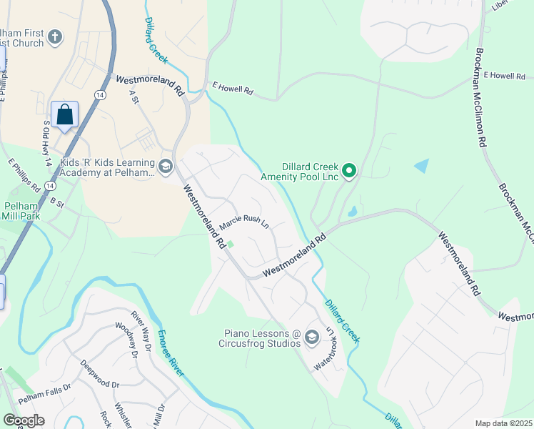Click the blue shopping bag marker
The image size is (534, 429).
click(64, 114)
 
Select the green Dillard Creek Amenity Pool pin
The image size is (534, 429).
click(349, 170)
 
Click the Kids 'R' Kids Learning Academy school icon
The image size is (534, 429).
click(166, 167)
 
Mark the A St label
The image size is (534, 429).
click(133, 98)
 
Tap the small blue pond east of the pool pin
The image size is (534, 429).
click(421, 166)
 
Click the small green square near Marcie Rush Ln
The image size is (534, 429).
click(230, 243)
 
